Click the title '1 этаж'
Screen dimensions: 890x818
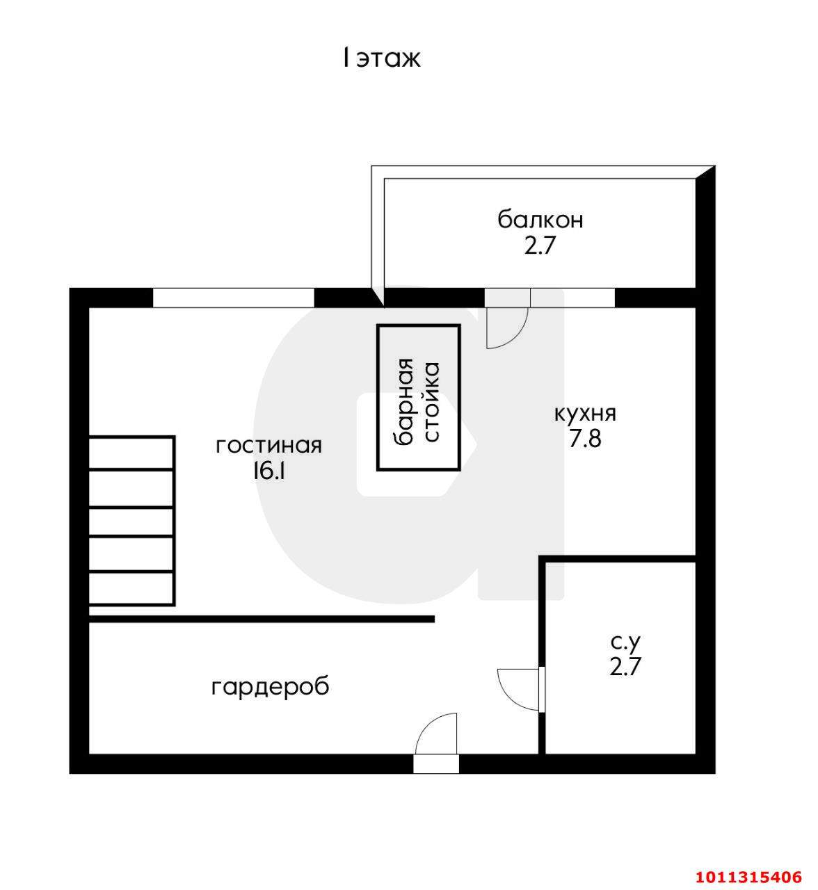pyautogui.click(x=381, y=58)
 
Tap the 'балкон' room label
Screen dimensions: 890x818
pyautogui.click(x=540, y=220)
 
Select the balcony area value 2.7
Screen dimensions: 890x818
pyautogui.click(x=540, y=245)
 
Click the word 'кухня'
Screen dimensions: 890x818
pyautogui.click(x=584, y=413)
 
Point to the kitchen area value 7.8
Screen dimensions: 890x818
pyautogui.click(x=584, y=439)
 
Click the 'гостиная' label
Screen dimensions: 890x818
pyautogui.click(x=268, y=445)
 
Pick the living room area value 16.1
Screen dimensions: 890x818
pyautogui.click(x=268, y=471)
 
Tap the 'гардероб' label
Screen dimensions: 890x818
pyautogui.click(x=270, y=687)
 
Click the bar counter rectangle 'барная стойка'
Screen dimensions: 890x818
pyautogui.click(x=418, y=398)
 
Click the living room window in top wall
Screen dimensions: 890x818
pyautogui.click(x=233, y=298)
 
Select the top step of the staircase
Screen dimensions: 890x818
pyautogui.click(x=131, y=453)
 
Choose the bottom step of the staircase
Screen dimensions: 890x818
pyautogui.click(x=131, y=588)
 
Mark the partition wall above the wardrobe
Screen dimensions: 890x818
pyautogui.click(x=262, y=618)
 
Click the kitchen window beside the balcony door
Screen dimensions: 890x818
pyautogui.click(x=572, y=298)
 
